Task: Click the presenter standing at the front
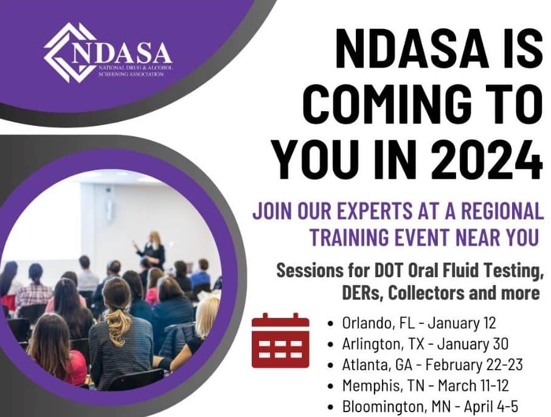151,249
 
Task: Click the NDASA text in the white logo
122,53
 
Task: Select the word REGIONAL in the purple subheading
497,212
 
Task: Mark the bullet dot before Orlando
330,323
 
